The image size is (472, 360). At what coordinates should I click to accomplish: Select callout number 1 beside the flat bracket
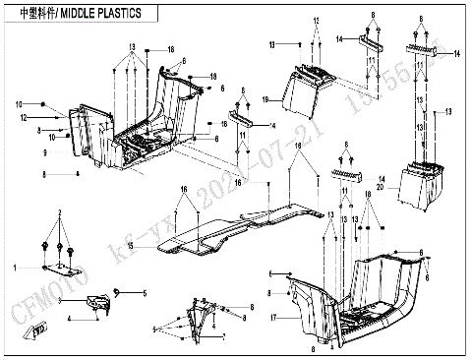coord(15,267)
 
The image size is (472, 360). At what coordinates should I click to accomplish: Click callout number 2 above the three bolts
coord(60,212)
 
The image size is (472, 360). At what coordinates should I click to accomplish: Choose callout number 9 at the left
coord(44,154)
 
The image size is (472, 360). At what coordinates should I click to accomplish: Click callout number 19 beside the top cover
coord(265,99)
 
